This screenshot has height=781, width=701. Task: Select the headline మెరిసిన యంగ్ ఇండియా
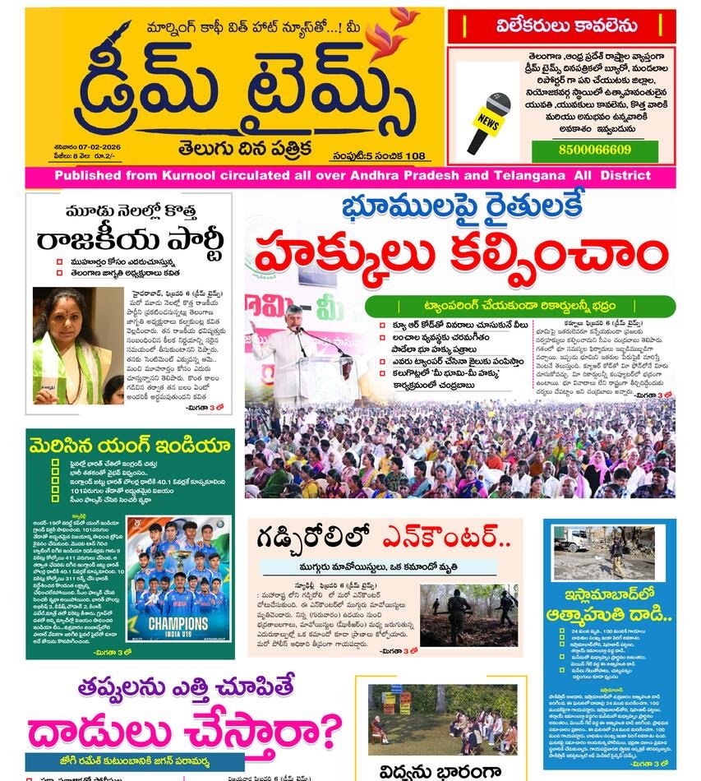pyautogui.click(x=129, y=446)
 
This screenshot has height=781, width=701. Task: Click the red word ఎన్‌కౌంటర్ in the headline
pyautogui.click(x=445, y=538)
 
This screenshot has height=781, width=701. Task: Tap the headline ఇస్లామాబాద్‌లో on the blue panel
pyautogui.click(x=608, y=595)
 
